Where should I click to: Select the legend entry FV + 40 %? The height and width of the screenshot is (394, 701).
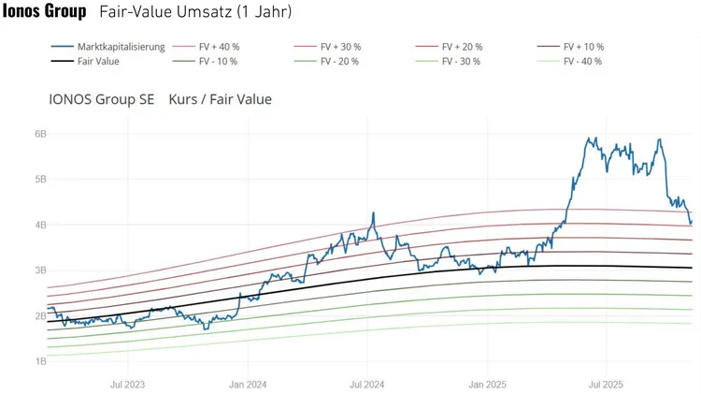pyautogui.click(x=220, y=47)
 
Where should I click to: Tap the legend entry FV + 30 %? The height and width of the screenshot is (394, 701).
pyautogui.click(x=340, y=47)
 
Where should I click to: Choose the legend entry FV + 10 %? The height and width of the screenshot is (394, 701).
pyautogui.click(x=583, y=47)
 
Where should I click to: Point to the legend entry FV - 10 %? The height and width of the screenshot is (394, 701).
pyautogui.click(x=218, y=61)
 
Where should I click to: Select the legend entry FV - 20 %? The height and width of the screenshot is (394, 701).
pyautogui.click(x=339, y=61)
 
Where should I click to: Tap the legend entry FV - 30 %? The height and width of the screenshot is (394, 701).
pyautogui.click(x=461, y=61)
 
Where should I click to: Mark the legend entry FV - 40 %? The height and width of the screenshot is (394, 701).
pyautogui.click(x=582, y=61)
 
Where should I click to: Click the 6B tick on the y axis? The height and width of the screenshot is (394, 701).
pyautogui.click(x=40, y=134)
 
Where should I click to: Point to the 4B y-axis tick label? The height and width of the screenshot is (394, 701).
pyautogui.click(x=40, y=225)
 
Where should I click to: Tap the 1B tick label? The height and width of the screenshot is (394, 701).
pyautogui.click(x=40, y=361)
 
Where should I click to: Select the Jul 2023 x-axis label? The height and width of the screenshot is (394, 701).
pyautogui.click(x=127, y=384)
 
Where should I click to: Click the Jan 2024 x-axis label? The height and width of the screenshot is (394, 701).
pyautogui.click(x=248, y=384)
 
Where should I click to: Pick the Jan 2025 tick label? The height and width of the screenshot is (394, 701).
pyautogui.click(x=487, y=384)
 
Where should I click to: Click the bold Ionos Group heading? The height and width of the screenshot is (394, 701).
pyautogui.click(x=45, y=12)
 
